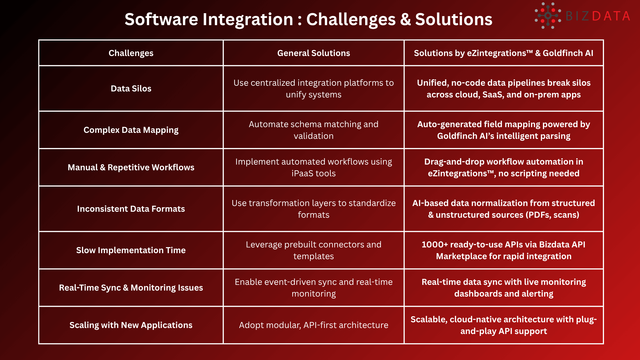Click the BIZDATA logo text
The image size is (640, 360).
598,16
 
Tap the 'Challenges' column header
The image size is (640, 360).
131,53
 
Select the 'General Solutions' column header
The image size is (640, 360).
313,53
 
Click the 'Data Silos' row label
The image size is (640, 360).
131,89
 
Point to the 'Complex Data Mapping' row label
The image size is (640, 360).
131,130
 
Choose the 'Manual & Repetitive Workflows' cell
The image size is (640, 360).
131,167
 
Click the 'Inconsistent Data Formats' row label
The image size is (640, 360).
131,209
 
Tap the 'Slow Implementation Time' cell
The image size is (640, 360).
131,250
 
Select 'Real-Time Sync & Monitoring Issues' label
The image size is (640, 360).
131,288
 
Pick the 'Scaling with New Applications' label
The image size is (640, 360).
131,325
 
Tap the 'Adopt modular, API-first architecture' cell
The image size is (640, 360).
313,325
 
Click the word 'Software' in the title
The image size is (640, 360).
161,19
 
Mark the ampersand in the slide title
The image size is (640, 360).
405,19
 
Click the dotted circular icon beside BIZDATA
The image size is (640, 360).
547,16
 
